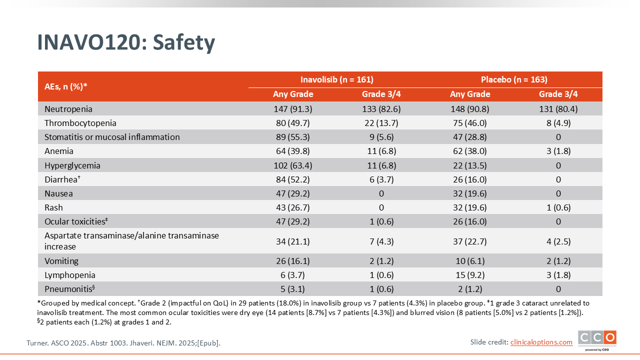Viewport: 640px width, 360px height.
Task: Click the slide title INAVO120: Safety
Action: point(126,43)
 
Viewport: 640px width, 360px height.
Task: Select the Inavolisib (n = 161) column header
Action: point(337,79)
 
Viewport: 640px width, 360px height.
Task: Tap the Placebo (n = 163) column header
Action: point(514,79)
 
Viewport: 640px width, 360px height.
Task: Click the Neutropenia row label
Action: point(68,109)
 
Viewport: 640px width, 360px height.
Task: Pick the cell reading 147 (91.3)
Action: point(293,109)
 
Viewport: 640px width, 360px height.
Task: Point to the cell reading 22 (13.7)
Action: point(381,123)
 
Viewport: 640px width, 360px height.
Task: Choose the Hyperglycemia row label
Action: point(72,165)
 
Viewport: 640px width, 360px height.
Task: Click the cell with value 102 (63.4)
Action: point(293,165)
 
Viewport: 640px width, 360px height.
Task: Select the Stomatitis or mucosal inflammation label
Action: point(112,137)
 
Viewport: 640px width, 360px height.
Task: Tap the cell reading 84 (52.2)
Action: point(293,179)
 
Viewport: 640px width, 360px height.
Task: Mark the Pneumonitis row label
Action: point(69,289)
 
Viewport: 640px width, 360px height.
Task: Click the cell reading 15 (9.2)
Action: point(470,275)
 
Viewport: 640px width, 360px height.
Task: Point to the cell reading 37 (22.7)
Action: point(470,241)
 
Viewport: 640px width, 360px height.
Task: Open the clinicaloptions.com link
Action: point(541,342)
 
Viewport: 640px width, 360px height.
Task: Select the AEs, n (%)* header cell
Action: point(66,86)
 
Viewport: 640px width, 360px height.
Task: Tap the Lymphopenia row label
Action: point(70,275)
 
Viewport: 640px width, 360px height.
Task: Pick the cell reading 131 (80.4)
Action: point(558,109)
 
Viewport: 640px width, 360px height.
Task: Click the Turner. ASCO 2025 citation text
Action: point(123,343)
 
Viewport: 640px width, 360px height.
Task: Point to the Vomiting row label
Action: point(61,261)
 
